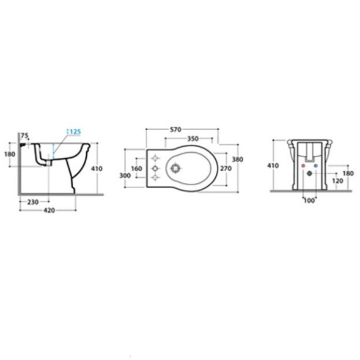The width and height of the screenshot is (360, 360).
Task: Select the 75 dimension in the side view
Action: click(24, 136)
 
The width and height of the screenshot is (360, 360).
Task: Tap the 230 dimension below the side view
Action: click(33, 202)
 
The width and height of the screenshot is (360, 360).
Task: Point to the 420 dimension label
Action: click(50, 210)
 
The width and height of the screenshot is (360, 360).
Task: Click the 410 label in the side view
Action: click(97, 169)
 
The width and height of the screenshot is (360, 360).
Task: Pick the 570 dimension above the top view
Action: click(175, 130)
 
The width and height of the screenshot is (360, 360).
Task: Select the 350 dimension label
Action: click(193, 139)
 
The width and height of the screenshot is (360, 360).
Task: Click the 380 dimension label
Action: click(237, 160)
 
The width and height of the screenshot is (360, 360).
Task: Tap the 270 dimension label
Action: click(226, 169)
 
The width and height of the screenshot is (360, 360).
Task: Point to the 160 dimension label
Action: click(137, 169)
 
